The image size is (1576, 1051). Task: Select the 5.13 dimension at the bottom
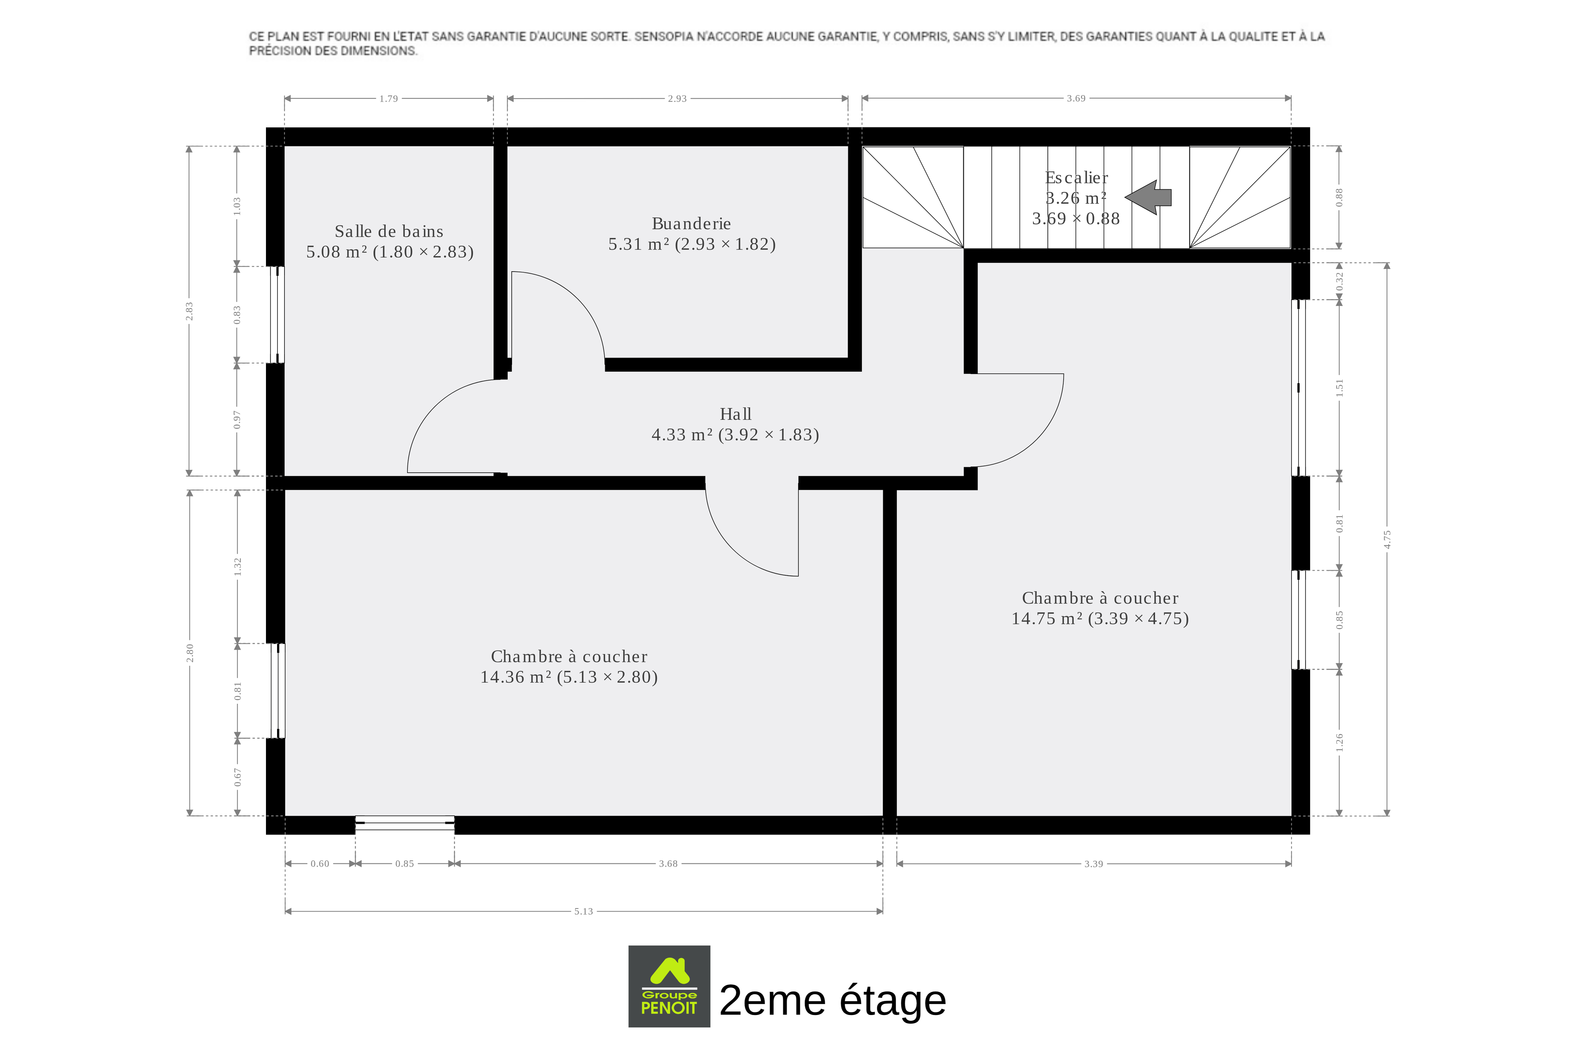pos(583,911)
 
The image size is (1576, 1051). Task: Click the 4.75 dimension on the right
pos(1387,539)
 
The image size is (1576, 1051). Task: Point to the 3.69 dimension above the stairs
pos(1076,99)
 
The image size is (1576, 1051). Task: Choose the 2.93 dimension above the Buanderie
pos(677,99)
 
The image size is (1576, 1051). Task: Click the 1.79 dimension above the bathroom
pos(389,99)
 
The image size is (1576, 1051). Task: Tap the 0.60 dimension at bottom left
pos(320,863)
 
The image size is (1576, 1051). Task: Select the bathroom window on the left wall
pos(277,315)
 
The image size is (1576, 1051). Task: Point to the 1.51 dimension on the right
pos(1339,387)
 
